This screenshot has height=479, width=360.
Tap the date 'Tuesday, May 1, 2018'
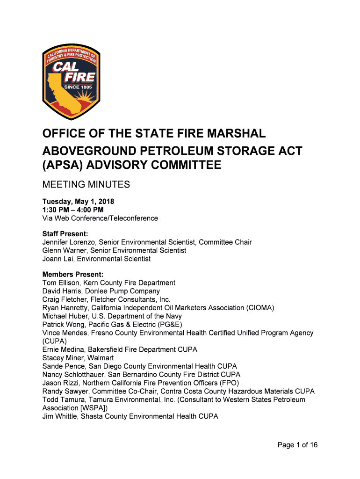(78, 202)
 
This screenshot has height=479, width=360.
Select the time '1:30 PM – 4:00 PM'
(72, 210)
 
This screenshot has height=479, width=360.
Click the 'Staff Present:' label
(65, 234)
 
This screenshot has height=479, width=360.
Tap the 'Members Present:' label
(72, 275)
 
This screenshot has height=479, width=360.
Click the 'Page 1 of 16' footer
(297, 445)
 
